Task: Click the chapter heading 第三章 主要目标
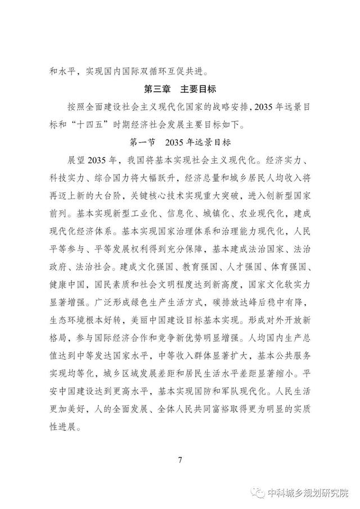point(181,89)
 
